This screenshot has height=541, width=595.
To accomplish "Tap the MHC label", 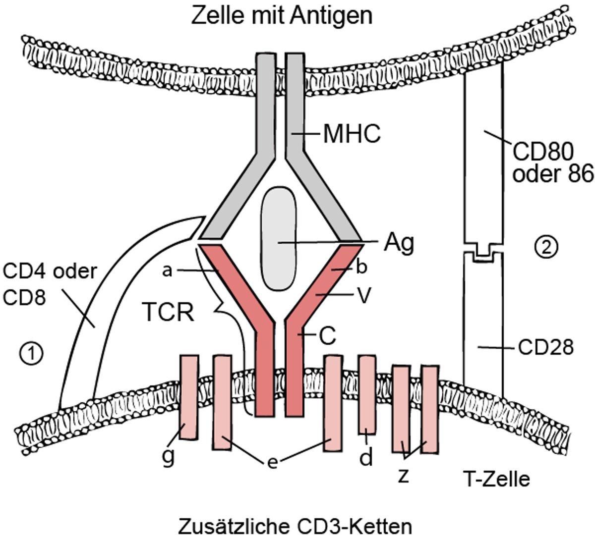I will [x=352, y=134].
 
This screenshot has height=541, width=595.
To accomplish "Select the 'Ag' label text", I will [x=398, y=243].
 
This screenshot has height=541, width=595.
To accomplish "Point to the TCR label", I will [x=169, y=313].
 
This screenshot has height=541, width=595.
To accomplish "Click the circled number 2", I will [x=547, y=246].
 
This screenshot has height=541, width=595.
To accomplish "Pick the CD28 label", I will [x=545, y=347].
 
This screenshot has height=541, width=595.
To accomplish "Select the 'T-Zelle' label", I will [x=496, y=479].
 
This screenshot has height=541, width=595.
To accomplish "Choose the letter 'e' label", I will [x=272, y=462].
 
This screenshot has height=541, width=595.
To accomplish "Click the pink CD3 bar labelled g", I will [x=188, y=396].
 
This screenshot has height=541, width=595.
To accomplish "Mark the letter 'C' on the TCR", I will [x=327, y=336].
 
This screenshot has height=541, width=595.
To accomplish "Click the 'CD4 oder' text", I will [x=49, y=271].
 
